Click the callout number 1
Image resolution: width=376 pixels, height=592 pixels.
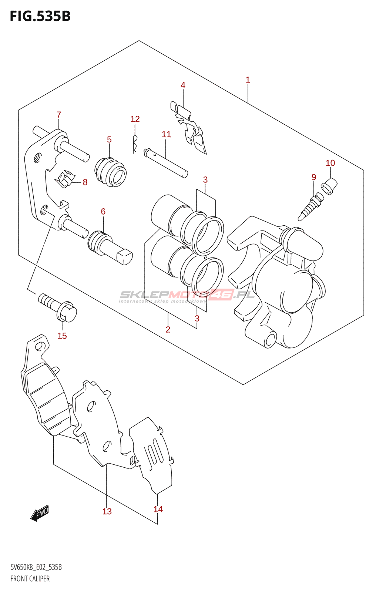pyautogui.click(x=248, y=80)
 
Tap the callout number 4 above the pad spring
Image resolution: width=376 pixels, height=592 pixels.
pyautogui.click(x=183, y=85)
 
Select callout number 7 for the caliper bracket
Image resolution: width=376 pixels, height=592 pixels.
pyautogui.click(x=59, y=115)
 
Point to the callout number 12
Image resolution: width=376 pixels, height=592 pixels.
pyautogui.click(x=135, y=119)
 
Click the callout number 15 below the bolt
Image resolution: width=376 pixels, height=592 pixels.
pyautogui.click(x=62, y=336)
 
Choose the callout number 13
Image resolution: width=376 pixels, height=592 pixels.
pyautogui.click(x=107, y=511)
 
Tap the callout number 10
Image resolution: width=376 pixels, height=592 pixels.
pyautogui.click(x=330, y=163)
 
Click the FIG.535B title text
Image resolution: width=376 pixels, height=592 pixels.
pyautogui.click(x=40, y=16)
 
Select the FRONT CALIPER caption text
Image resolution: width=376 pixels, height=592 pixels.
pyautogui.click(x=30, y=579)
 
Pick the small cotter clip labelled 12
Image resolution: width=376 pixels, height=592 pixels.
pyautogui.click(x=135, y=144)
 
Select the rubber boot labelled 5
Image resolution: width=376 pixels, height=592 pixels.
pyautogui.click(x=111, y=173)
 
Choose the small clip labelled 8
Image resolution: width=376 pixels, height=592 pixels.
pyautogui.click(x=65, y=179)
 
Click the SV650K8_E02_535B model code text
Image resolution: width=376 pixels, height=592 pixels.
pyautogui.click(x=36, y=567)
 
